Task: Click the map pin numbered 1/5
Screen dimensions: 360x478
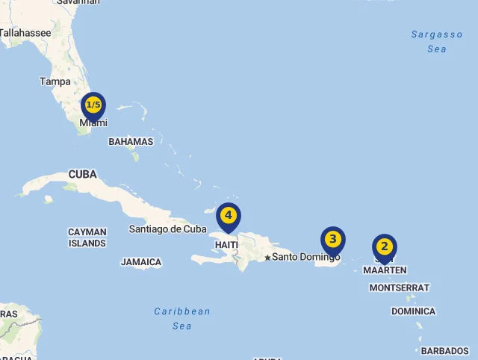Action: point(93,105)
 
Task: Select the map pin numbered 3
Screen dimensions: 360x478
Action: point(333,240)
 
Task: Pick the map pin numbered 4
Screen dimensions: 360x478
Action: point(229,216)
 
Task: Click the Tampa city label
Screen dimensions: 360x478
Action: point(55,81)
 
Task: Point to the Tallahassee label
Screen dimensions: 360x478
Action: point(26,33)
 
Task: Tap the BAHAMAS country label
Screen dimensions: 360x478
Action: point(131,141)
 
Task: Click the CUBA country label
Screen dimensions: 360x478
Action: point(83,174)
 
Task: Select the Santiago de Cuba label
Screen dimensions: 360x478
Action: point(167,229)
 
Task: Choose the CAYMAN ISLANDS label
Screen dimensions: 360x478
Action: point(87,238)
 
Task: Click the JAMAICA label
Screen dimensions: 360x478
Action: point(141,262)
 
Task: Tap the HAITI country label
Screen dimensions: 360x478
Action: point(226,244)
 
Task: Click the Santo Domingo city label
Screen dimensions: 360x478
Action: point(305,257)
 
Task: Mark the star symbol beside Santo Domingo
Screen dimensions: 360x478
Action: point(267,258)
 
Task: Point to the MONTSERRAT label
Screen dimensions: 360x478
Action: point(400,288)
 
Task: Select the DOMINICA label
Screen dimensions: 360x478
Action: point(413,311)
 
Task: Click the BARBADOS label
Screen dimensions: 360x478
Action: point(445,350)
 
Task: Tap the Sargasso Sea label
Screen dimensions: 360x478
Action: point(437,42)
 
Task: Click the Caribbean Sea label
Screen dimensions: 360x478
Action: point(182,318)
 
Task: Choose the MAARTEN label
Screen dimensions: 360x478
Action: point(385,270)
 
